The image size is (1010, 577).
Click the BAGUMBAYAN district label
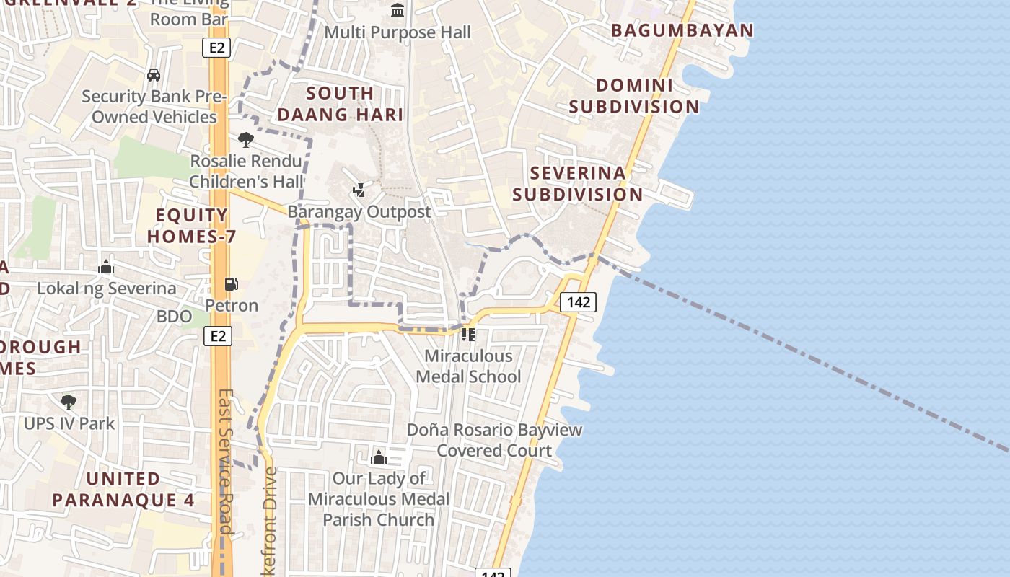click(682, 30)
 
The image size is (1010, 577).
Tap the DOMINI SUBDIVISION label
click(634, 96)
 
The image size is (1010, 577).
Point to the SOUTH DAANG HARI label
click(340, 104)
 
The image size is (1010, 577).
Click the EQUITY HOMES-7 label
click(192, 226)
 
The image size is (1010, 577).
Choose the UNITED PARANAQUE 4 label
click(123, 490)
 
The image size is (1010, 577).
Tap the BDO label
click(175, 316)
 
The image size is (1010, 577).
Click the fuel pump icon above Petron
click(232, 285)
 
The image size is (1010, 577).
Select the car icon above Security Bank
click(153, 74)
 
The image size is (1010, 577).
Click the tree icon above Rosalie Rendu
click(246, 139)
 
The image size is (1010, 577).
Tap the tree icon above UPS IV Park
click(69, 402)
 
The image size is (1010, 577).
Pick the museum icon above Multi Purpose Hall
click(398, 11)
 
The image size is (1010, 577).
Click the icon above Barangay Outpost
click(359, 190)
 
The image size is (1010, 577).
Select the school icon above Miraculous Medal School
click(468, 335)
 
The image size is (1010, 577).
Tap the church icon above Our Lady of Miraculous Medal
click(379, 457)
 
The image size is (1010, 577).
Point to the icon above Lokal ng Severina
click(106, 268)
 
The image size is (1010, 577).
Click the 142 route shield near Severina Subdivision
click(578, 302)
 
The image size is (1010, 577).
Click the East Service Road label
click(226, 462)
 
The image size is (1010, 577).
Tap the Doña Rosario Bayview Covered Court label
click(494, 440)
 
